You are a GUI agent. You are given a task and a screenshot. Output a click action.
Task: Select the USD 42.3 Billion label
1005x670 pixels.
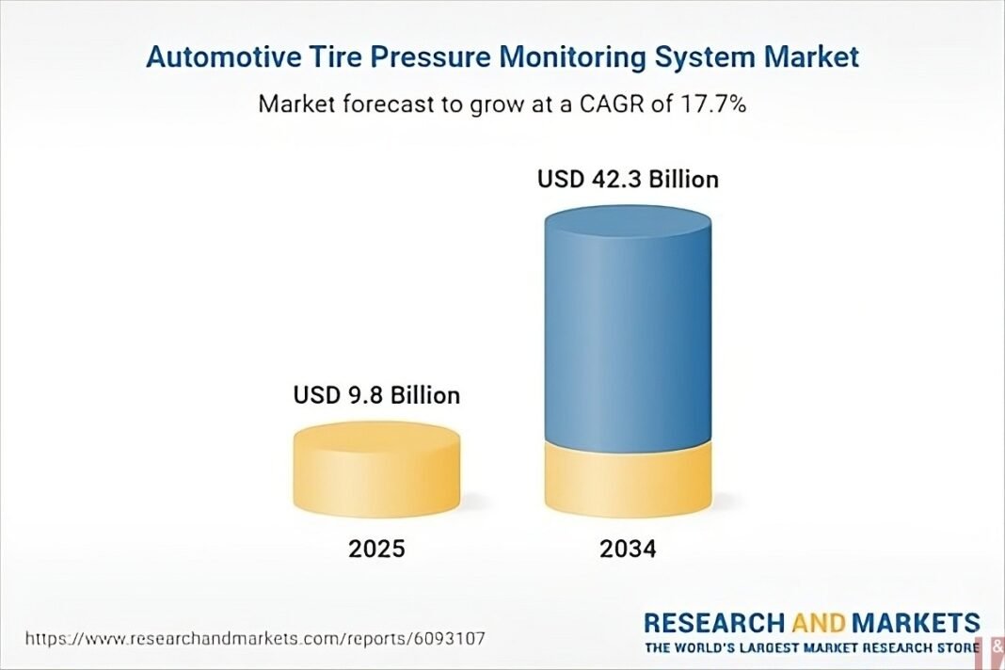point(628,179)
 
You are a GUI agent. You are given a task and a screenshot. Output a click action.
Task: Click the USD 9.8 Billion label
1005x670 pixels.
point(376,394)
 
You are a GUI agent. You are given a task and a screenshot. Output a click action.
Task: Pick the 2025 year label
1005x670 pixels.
point(376,549)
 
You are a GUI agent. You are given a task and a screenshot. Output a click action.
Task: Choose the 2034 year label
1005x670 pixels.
point(628,549)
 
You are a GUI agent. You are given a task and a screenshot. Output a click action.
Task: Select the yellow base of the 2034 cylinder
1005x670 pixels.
point(628,480)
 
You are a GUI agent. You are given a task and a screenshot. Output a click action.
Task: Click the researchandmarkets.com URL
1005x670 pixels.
point(254,639)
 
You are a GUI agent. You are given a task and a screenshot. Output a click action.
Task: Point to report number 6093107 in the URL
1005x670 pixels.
point(449,639)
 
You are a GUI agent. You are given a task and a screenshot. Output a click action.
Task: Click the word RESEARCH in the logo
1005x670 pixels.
point(712,623)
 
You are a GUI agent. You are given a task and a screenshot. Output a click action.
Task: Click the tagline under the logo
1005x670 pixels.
point(812,648)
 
